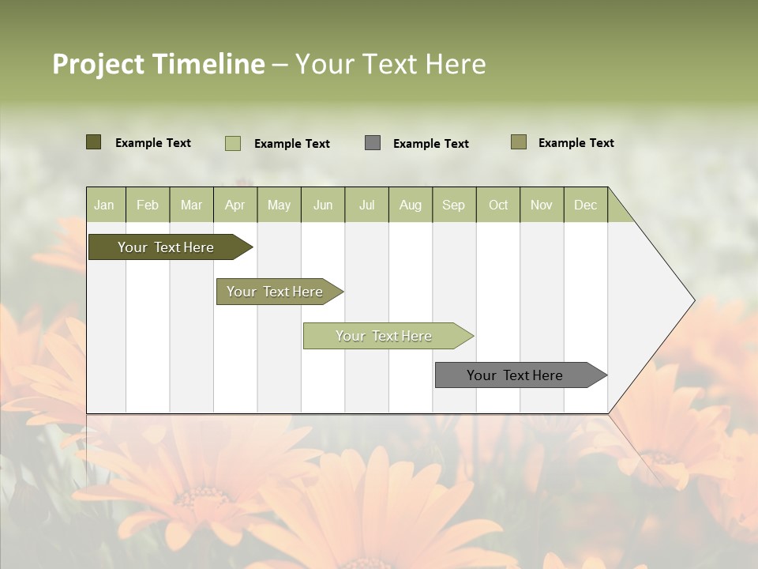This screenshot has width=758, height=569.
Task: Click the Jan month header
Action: [104, 205]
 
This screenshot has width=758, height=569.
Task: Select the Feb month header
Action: [148, 205]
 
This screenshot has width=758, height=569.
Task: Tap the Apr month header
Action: [235, 205]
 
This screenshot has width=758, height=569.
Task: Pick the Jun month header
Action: [323, 205]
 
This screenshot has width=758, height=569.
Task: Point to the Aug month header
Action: [410, 205]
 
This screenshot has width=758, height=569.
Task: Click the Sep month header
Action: [453, 205]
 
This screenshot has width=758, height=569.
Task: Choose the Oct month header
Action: [498, 205]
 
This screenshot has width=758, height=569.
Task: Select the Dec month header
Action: [585, 205]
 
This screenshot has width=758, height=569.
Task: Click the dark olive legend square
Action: [94, 142]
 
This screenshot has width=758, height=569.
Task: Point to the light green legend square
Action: [233, 143]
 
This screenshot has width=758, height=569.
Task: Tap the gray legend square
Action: [373, 143]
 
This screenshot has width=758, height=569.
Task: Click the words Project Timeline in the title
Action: [158, 64]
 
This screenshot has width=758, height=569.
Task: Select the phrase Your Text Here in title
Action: [390, 64]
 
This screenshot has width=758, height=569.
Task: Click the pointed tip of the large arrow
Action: [692, 300]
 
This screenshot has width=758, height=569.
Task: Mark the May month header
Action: [279, 205]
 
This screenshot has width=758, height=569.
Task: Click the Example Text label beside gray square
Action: [430, 144]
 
